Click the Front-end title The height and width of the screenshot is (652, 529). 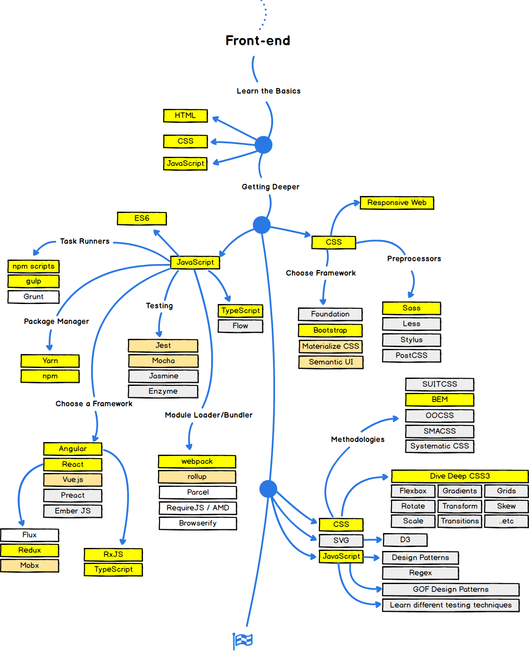pos(258,41)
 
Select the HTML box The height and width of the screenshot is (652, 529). pos(185,116)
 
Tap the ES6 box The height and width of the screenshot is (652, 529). pos(142,218)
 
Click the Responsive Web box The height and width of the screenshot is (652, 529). pos(396,203)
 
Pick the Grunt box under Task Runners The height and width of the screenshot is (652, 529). pos(34,297)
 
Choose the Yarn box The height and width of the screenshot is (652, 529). pos(50,361)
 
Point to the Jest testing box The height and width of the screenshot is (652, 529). pos(163,345)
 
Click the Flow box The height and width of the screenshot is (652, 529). pos(240,326)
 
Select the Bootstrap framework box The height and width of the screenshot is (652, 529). pos(330,330)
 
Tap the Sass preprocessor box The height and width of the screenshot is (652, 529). pos(411,308)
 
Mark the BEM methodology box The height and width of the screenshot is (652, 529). pos(439,399)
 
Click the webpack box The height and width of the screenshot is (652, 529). pos(197,461)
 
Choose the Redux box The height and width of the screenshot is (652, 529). pos(30,550)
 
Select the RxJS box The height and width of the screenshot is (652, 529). pos(113,554)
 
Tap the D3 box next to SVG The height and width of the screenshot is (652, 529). pos(405,540)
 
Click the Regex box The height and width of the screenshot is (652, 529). pos(420,573)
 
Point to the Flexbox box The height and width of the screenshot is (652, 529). pos(413,491)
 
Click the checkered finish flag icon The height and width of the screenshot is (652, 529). pos(243,640)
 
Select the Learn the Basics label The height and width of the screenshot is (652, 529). pos(269,91)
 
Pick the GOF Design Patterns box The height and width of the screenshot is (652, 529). pos(451,589)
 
